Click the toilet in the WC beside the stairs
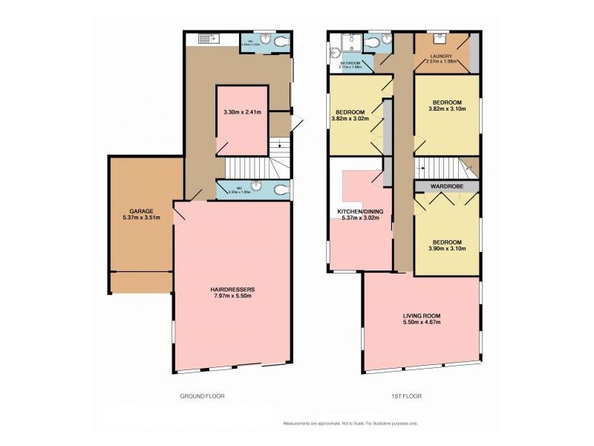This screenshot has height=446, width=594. (280, 190)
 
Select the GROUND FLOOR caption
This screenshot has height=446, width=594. (203, 396)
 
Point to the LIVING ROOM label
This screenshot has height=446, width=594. (421, 315)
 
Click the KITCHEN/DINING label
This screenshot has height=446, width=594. (360, 212)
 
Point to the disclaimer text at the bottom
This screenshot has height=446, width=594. (350, 423)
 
